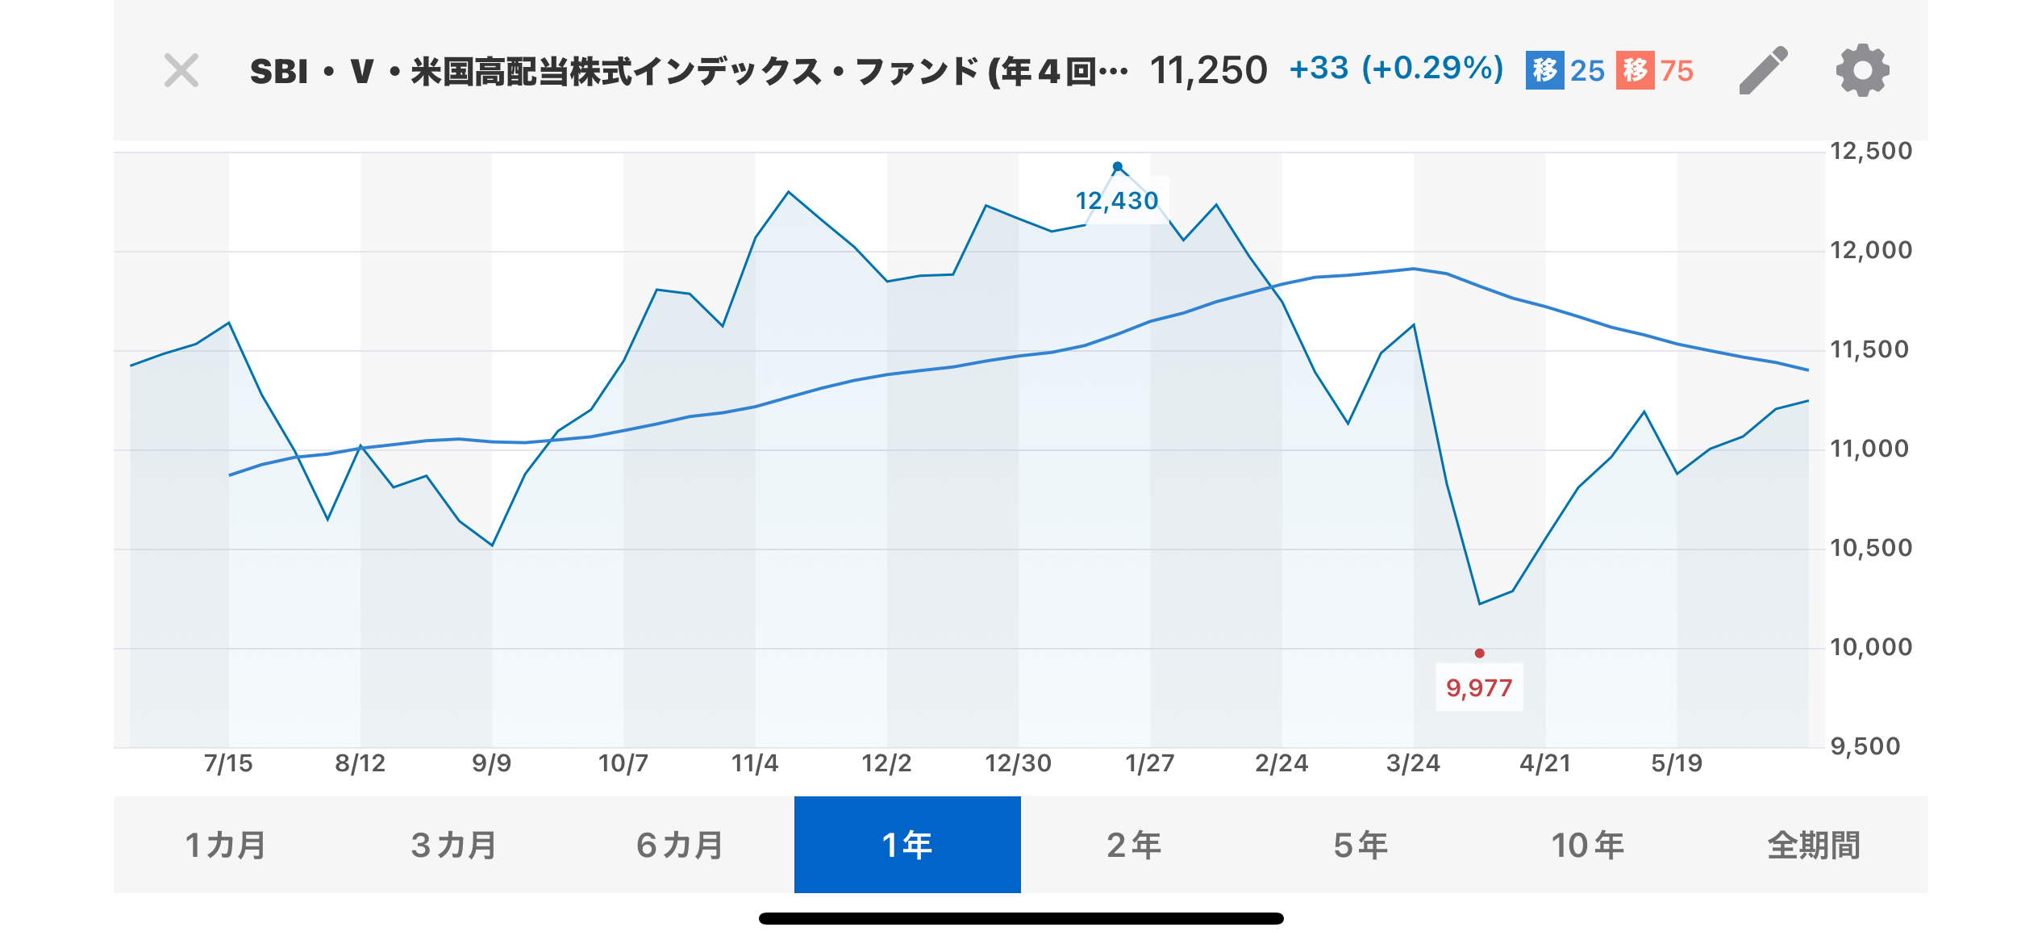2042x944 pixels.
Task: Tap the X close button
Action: coord(181,71)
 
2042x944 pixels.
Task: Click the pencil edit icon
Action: coord(1763,71)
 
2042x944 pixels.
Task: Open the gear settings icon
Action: coord(1862,71)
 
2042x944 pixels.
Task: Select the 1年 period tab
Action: coord(907,845)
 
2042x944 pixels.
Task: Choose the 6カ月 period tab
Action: coord(680,845)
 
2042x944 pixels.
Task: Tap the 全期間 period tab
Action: coord(1814,845)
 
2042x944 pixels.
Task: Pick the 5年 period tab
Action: coord(1361,845)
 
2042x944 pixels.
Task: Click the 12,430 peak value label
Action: coord(1117,200)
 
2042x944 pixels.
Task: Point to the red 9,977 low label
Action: coord(1479,687)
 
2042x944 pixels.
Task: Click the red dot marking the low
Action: coord(1479,653)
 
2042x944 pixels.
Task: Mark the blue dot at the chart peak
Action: coord(1117,167)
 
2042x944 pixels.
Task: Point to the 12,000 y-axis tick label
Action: coord(1870,250)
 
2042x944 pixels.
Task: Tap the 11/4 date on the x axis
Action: coord(755,763)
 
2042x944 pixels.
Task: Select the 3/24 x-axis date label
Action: coord(1413,763)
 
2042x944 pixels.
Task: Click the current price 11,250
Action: coord(1208,71)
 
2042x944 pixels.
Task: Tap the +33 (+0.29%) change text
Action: coord(1396,69)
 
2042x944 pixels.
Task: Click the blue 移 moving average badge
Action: coord(1544,71)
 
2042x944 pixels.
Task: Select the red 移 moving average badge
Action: coord(1635,71)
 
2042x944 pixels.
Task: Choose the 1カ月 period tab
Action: coord(226,845)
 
